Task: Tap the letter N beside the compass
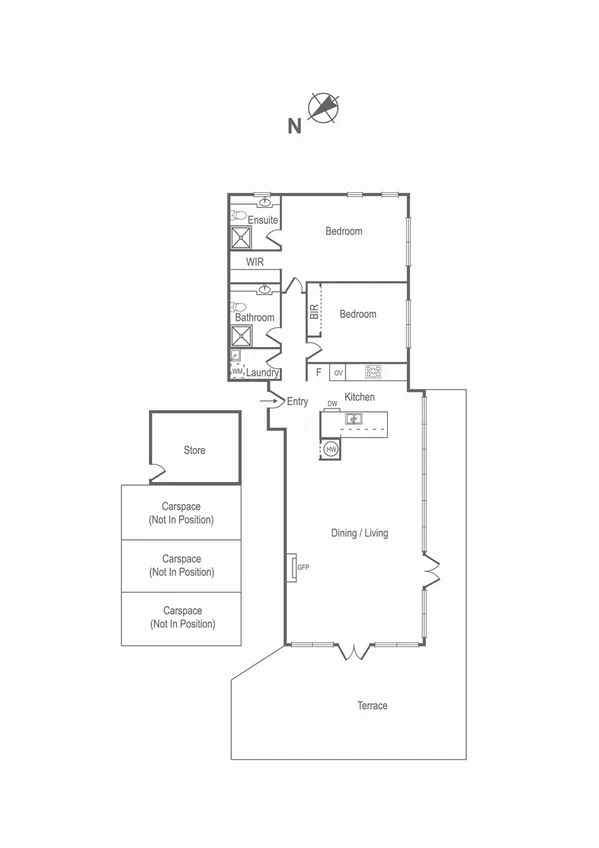coord(294,126)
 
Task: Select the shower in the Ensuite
coord(242,237)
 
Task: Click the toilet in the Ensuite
coord(238,215)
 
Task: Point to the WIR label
coord(254,262)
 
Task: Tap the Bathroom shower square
coord(242,335)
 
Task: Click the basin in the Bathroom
coord(264,290)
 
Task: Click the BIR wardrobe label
coord(313,313)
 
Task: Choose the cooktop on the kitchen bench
coord(374,372)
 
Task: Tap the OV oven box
coord(339,372)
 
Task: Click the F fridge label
coord(318,372)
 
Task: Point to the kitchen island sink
coord(353,419)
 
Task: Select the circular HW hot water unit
coord(331,450)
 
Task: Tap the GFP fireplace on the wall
coord(295,567)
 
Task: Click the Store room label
coord(195,450)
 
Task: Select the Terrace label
coord(372,706)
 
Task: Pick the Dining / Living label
coord(359,533)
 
